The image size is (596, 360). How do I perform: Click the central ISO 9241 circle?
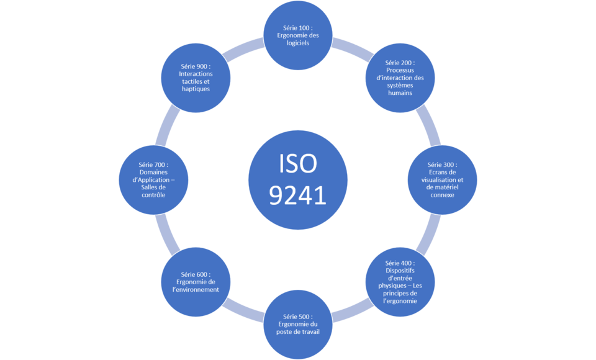(297, 180)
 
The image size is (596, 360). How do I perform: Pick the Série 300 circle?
(441, 179)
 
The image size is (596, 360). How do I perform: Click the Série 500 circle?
(297, 324)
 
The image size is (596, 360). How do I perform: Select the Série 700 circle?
(153, 179)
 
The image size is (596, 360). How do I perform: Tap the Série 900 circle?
(196, 77)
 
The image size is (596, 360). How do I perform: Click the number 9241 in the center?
(297, 196)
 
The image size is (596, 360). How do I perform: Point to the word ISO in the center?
(297, 164)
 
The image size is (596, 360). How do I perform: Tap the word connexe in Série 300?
(442, 195)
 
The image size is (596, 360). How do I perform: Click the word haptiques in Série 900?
(196, 89)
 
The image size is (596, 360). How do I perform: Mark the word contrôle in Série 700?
(153, 195)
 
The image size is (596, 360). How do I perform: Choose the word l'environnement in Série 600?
(196, 289)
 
